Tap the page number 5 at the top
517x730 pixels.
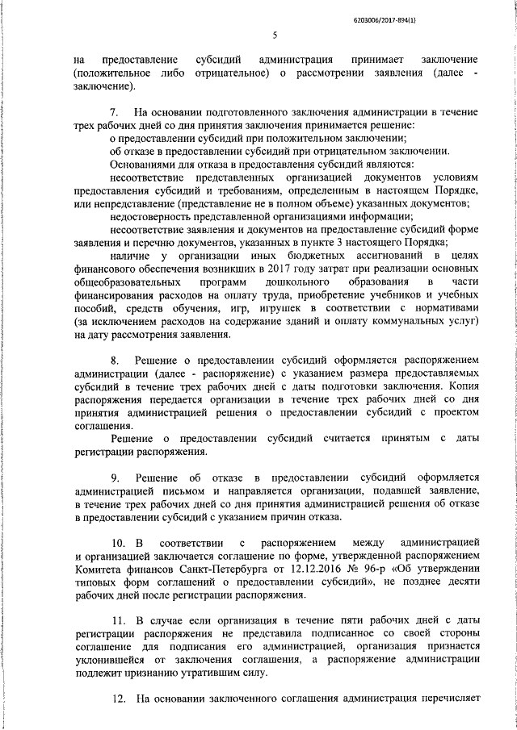(275, 35)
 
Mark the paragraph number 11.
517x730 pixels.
(116, 620)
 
